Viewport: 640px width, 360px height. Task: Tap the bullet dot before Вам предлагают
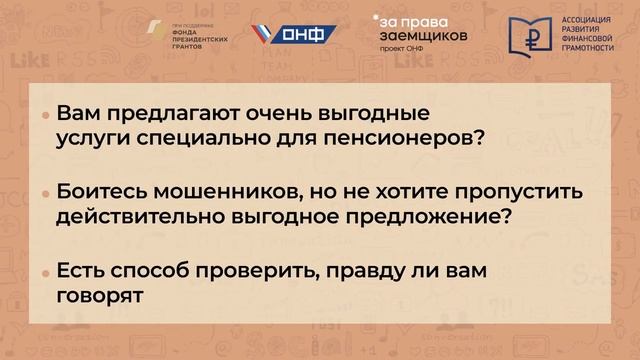46,116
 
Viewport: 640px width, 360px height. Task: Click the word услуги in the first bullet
95,136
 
